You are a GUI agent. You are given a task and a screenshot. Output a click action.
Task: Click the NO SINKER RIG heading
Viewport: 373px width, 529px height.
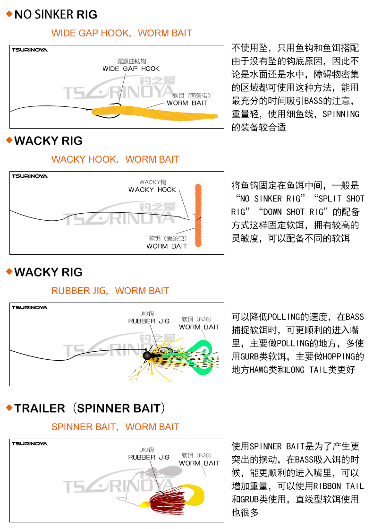point(56,15)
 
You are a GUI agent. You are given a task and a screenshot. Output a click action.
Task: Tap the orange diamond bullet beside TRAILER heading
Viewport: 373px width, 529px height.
point(8,408)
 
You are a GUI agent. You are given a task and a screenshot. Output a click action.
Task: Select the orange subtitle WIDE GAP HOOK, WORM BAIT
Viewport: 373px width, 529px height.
point(121,33)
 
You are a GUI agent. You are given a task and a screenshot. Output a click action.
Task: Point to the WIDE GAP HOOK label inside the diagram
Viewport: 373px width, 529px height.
point(131,69)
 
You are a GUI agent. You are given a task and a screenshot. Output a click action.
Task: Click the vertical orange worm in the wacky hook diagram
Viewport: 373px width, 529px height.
point(198,215)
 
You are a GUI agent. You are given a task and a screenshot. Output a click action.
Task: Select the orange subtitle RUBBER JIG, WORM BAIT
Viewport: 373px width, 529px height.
point(110,291)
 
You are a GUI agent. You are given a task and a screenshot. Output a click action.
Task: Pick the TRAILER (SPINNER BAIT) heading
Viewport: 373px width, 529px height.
point(90,408)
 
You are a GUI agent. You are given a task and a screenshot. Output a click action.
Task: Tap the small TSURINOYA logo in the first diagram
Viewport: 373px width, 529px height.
point(30,50)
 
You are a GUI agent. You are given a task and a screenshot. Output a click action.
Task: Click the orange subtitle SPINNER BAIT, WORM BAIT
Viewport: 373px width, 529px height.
point(115,427)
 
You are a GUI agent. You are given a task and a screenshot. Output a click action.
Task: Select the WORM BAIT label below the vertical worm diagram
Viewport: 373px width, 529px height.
point(167,246)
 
